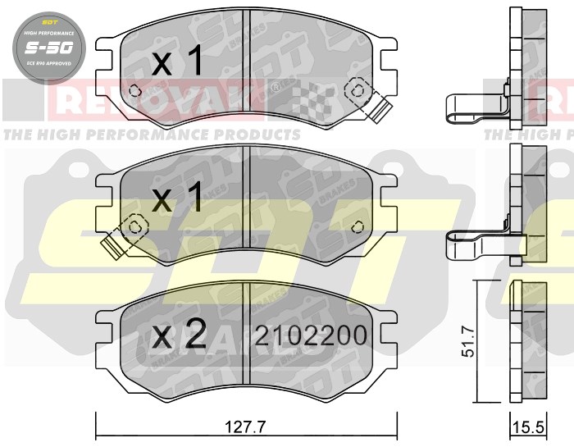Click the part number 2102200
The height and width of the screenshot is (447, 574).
[310, 336]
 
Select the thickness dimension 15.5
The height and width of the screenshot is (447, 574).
[529, 428]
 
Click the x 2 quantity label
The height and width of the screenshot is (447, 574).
[177, 334]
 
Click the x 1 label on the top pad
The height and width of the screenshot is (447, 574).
[177, 63]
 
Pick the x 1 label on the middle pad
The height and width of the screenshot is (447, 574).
[177, 199]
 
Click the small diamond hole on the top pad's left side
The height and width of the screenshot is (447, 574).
[136, 91]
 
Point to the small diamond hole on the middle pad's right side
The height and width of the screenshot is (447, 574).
[358, 227]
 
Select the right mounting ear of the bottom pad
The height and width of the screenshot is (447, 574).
[387, 326]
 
